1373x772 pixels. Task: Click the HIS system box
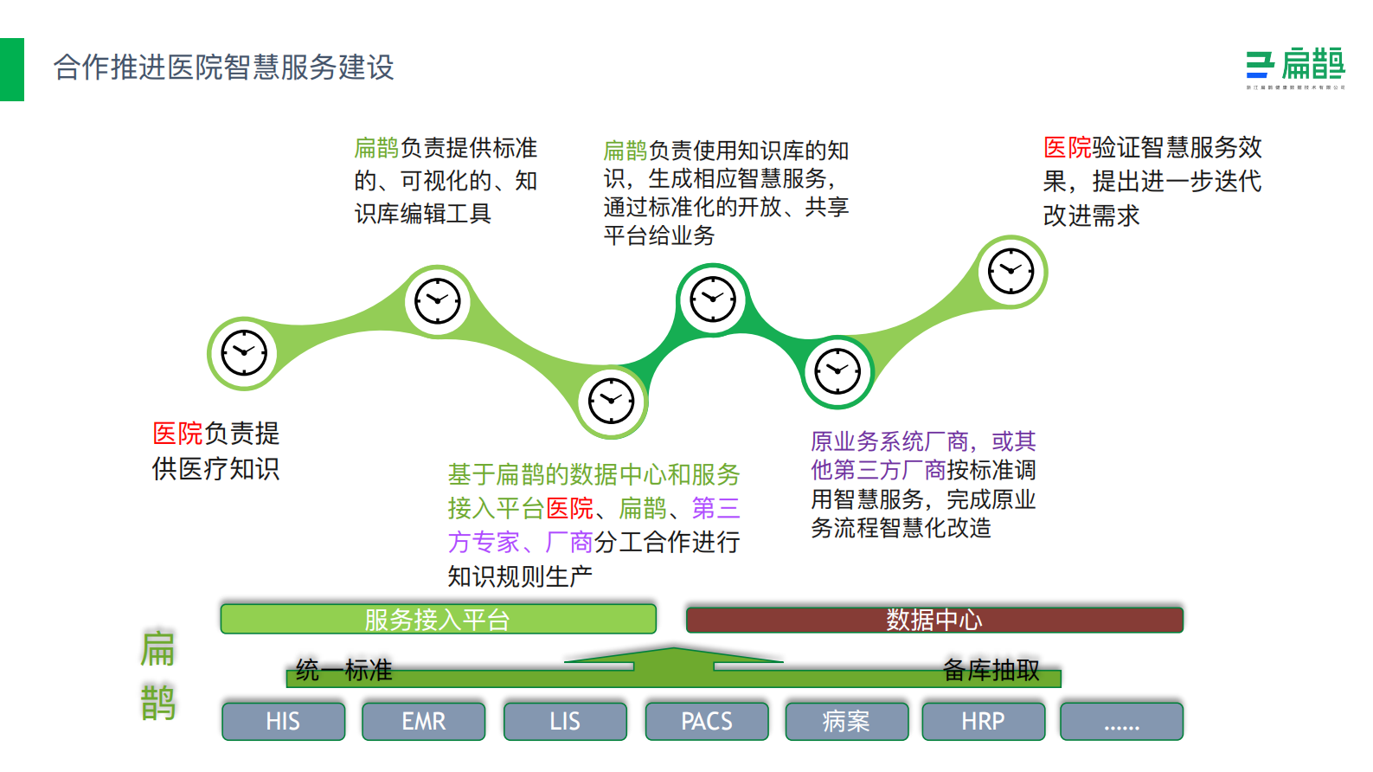click(283, 721)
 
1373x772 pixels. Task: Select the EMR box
click(423, 721)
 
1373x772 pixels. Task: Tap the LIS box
click(565, 721)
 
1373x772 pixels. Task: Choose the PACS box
click(706, 721)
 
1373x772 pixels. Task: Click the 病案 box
click(846, 721)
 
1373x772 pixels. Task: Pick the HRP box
click(983, 721)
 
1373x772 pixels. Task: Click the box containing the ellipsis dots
click(1121, 721)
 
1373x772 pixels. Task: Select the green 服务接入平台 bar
click(438, 619)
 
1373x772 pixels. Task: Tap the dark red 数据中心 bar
click(934, 620)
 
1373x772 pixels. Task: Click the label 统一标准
click(344, 670)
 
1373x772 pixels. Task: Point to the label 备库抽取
click(991, 670)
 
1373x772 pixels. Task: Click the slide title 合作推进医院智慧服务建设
click(224, 68)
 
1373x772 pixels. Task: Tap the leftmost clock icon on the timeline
click(244, 353)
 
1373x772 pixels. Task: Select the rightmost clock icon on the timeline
click(1011, 272)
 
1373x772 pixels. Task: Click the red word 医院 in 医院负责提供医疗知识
click(177, 434)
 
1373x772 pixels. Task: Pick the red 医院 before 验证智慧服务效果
click(1067, 148)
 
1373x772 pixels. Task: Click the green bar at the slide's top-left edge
click(12, 69)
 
